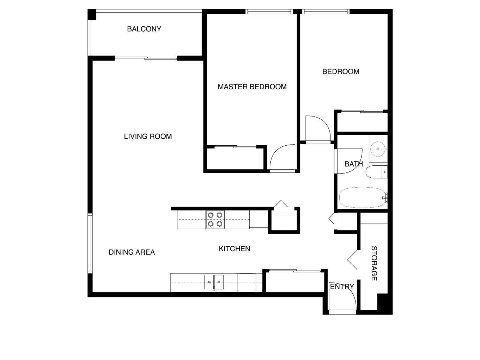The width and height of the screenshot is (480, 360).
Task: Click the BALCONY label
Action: point(144,29)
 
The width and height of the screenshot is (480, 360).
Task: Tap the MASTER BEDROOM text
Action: point(252,87)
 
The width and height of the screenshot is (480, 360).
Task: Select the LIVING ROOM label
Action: point(148,136)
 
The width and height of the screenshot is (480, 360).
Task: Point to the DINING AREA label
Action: point(132,252)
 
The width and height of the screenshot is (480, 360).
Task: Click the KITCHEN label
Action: point(234,248)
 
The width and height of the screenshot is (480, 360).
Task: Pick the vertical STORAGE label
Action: point(374,263)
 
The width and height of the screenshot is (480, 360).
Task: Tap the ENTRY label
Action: point(342,286)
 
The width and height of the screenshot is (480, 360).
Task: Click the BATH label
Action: point(354,164)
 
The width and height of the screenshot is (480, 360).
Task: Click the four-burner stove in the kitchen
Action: point(215,220)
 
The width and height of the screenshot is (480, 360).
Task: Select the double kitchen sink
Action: point(214,282)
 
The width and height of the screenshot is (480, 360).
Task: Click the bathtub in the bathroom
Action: point(363,197)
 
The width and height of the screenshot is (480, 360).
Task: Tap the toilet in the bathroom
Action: point(377,172)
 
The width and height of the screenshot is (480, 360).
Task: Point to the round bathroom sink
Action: point(378,149)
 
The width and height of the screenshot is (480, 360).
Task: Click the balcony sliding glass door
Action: point(146,58)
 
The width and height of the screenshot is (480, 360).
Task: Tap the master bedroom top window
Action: point(269,12)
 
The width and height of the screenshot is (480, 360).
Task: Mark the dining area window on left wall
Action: point(90,244)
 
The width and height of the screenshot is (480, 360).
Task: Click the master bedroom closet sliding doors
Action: point(235,147)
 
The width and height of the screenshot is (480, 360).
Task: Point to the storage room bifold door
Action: point(352,260)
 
